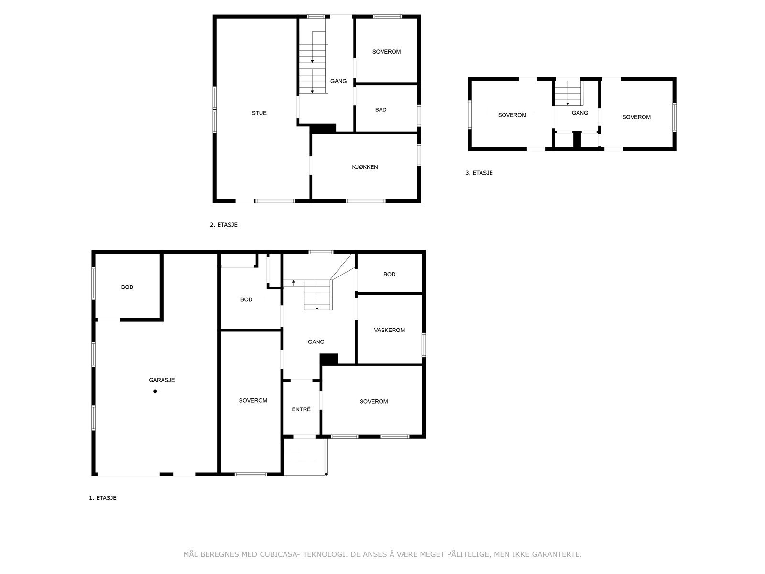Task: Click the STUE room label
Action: pos(259,113)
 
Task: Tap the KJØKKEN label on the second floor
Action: pos(364,167)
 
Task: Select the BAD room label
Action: pos(381,110)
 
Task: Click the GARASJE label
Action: pos(161,380)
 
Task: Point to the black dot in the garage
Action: pos(155,391)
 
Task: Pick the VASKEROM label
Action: pos(389,330)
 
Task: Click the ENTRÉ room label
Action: pos(301,409)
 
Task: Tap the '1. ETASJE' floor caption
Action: pos(102,498)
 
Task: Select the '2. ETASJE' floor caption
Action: pos(223,225)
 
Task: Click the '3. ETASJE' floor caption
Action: pos(479,173)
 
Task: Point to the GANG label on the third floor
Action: pos(579,113)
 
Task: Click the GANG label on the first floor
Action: pos(316,342)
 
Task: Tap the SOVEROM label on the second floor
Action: pos(386,52)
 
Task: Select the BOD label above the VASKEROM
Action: pos(389,274)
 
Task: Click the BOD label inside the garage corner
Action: pos(127,287)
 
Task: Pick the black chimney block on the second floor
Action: pos(323,128)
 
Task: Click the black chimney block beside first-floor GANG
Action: pos(328,359)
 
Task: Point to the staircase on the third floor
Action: pos(568,93)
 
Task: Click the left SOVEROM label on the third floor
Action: pos(512,115)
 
